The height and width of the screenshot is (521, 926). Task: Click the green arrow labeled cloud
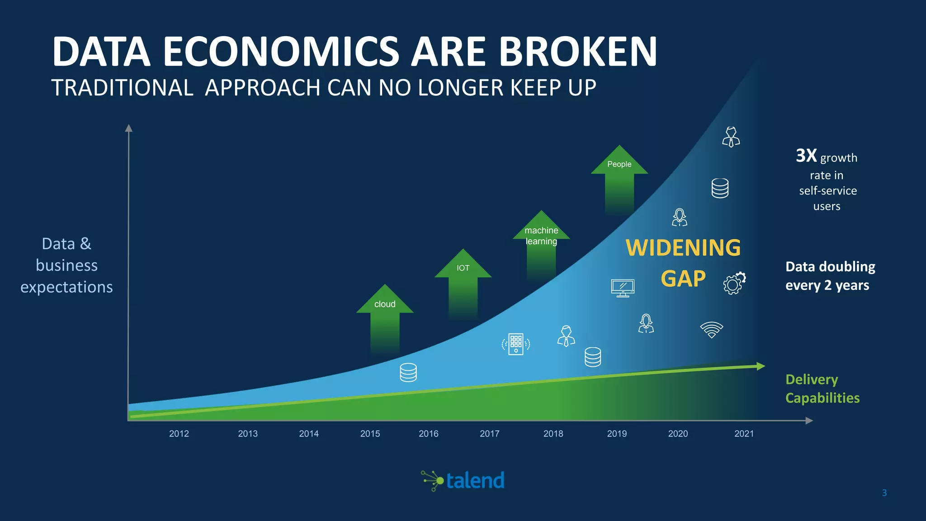385,317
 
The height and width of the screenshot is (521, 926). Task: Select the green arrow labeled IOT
463,280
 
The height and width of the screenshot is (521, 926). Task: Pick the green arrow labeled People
619,176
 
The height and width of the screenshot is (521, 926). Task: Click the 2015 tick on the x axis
370,433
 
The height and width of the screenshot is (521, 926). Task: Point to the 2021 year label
744,433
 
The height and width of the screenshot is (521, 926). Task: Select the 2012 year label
179,433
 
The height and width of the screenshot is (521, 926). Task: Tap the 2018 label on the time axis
553,433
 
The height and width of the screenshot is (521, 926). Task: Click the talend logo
463,480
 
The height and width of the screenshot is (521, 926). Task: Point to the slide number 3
884,493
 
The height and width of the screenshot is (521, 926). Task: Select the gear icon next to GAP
734,284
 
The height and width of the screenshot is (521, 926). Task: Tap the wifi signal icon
712,330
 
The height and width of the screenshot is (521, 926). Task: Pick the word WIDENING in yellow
683,248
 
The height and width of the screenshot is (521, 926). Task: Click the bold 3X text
806,156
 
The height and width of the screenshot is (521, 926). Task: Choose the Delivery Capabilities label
822,388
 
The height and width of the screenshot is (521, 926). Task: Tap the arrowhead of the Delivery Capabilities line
761,366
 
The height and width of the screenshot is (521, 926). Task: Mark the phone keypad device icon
516,345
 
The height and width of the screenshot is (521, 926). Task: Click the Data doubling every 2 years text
830,276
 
